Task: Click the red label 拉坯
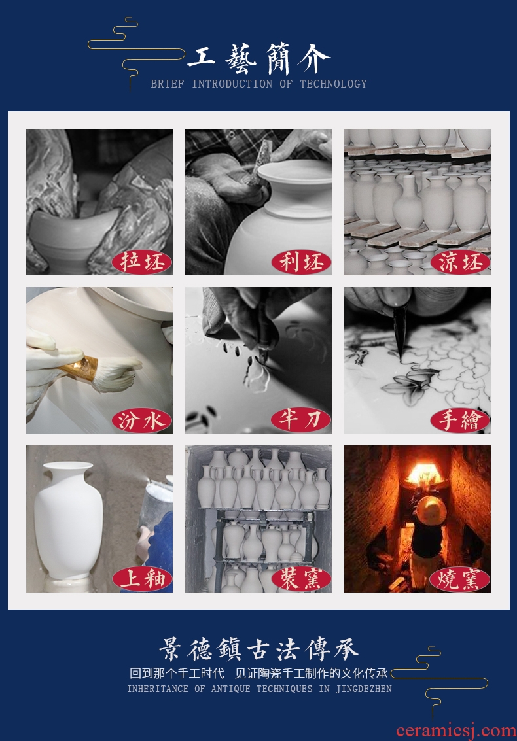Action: click(141, 262)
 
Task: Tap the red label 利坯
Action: click(301, 262)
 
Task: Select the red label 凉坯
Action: click(460, 262)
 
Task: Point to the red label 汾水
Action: click(141, 420)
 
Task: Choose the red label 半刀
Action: click(301, 420)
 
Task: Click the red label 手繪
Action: click(460, 420)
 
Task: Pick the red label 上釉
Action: click(141, 579)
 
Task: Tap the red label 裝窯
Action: click(301, 579)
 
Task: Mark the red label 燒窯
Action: click(460, 579)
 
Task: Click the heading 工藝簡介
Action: click(258, 59)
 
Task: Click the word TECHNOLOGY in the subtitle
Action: click(334, 84)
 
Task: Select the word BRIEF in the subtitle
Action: click(168, 84)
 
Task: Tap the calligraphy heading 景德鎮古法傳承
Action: click(258, 649)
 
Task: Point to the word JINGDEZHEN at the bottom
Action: click(364, 689)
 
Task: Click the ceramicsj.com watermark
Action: click(456, 731)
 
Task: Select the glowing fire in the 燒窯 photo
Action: click(424, 473)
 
